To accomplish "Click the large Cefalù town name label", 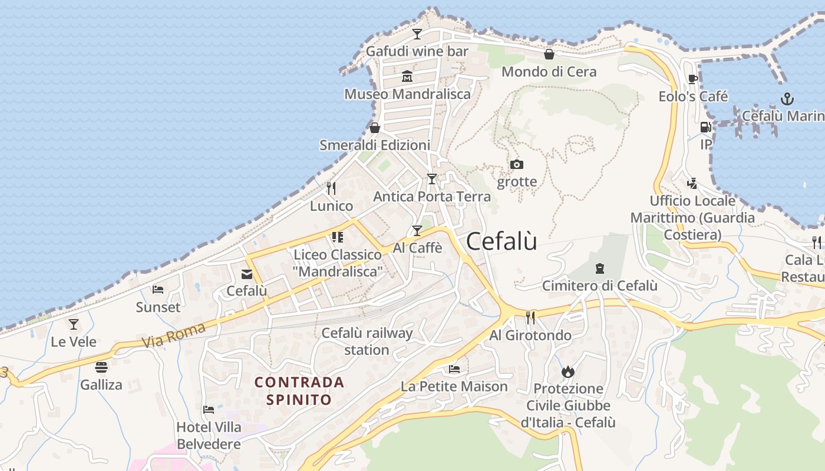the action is (x=501, y=241).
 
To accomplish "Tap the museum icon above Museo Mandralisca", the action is (x=407, y=77).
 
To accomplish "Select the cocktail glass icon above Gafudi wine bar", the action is (x=417, y=34).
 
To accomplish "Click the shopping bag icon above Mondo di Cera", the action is (x=549, y=55).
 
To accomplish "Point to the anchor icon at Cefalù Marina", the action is (x=787, y=98).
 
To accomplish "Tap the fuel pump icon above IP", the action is (x=705, y=127).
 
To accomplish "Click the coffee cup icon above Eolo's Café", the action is (x=693, y=79).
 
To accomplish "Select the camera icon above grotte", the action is (x=517, y=165).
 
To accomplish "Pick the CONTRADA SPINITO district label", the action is (x=299, y=390).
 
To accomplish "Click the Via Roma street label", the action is (x=173, y=335).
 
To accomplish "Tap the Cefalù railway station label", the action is (x=367, y=341).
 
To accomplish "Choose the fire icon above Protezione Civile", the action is (x=568, y=372).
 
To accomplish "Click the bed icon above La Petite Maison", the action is (x=454, y=369).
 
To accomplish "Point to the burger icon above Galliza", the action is (x=101, y=367).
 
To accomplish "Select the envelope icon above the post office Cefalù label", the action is (x=246, y=274).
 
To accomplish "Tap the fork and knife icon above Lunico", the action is (x=331, y=188).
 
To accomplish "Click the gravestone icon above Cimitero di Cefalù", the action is (x=600, y=268).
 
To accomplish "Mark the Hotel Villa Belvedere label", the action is (x=209, y=435).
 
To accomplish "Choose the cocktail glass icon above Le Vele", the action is (x=74, y=324).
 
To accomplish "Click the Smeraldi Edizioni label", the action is (x=375, y=145).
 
